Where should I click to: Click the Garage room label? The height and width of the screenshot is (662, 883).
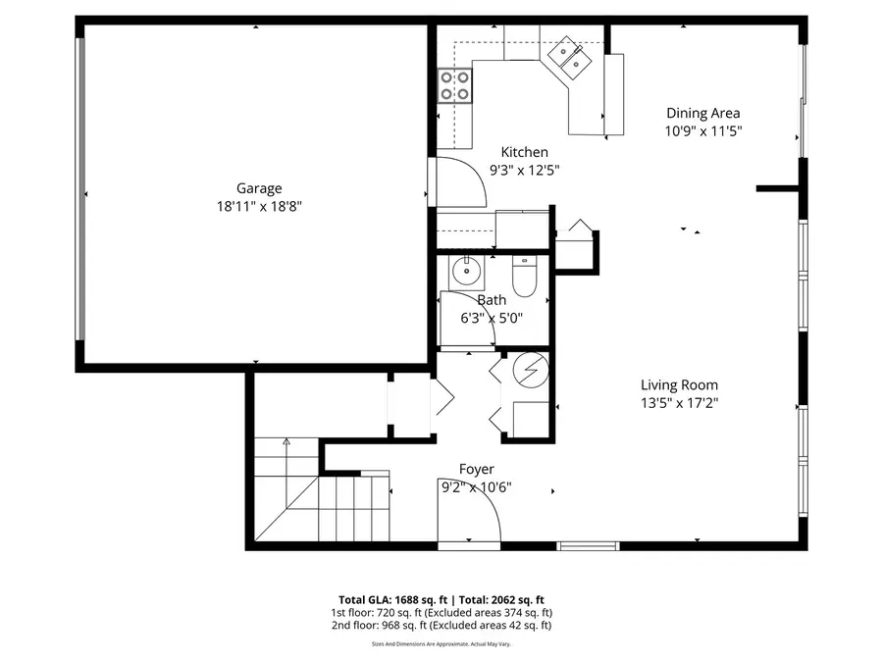[x=258, y=188]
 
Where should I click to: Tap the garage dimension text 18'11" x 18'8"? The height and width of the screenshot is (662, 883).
[x=258, y=206]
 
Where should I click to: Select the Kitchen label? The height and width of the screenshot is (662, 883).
[x=524, y=152]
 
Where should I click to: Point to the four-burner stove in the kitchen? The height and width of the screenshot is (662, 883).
[x=454, y=86]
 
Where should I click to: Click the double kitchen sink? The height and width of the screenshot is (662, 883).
[x=570, y=57]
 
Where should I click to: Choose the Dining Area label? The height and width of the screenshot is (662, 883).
[x=702, y=113]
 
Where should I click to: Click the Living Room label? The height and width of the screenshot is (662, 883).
[x=679, y=385]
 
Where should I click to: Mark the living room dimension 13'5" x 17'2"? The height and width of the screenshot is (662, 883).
[x=679, y=402]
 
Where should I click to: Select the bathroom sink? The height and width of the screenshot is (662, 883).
[x=466, y=270]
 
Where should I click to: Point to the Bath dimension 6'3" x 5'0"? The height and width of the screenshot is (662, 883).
[x=492, y=318]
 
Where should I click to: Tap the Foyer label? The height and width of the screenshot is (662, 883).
[x=476, y=470]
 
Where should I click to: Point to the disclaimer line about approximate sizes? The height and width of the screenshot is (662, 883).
[x=441, y=644]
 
